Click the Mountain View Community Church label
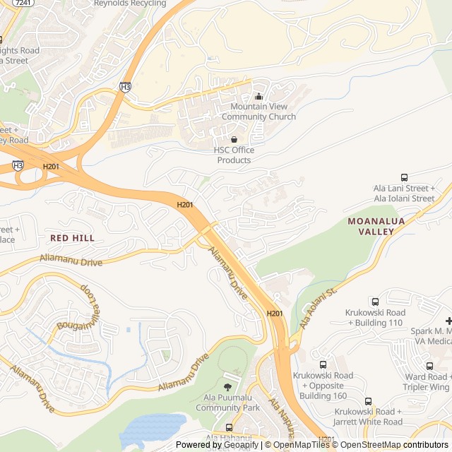click(x=258, y=112)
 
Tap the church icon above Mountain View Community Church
click(x=258, y=97)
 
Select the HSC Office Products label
click(x=234, y=155)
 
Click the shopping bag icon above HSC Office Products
click(x=234, y=140)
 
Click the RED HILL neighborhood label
click(x=72, y=239)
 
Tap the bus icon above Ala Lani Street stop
click(x=404, y=178)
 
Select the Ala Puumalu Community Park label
click(x=227, y=403)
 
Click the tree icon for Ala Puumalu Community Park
click(x=227, y=387)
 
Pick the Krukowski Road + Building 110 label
click(x=375, y=318)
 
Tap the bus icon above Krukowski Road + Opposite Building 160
click(x=323, y=365)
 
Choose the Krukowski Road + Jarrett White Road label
click(x=368, y=417)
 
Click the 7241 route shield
click(x=22, y=4)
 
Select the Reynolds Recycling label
click(x=130, y=4)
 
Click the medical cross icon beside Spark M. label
click(x=448, y=321)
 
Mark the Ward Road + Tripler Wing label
click(x=427, y=382)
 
